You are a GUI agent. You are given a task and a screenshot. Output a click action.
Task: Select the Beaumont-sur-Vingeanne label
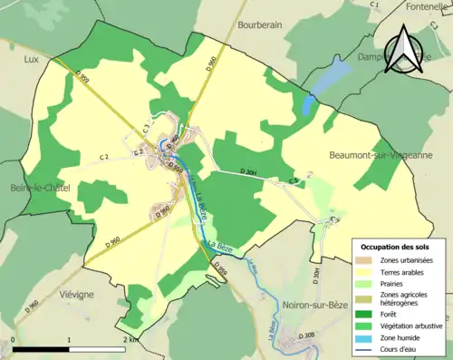tap(380, 155)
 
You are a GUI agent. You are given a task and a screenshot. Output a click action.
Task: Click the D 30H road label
tap(250, 172)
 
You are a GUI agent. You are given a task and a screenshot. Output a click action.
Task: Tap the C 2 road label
tap(104, 157)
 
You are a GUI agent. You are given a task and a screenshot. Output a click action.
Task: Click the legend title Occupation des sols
tap(395, 246)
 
